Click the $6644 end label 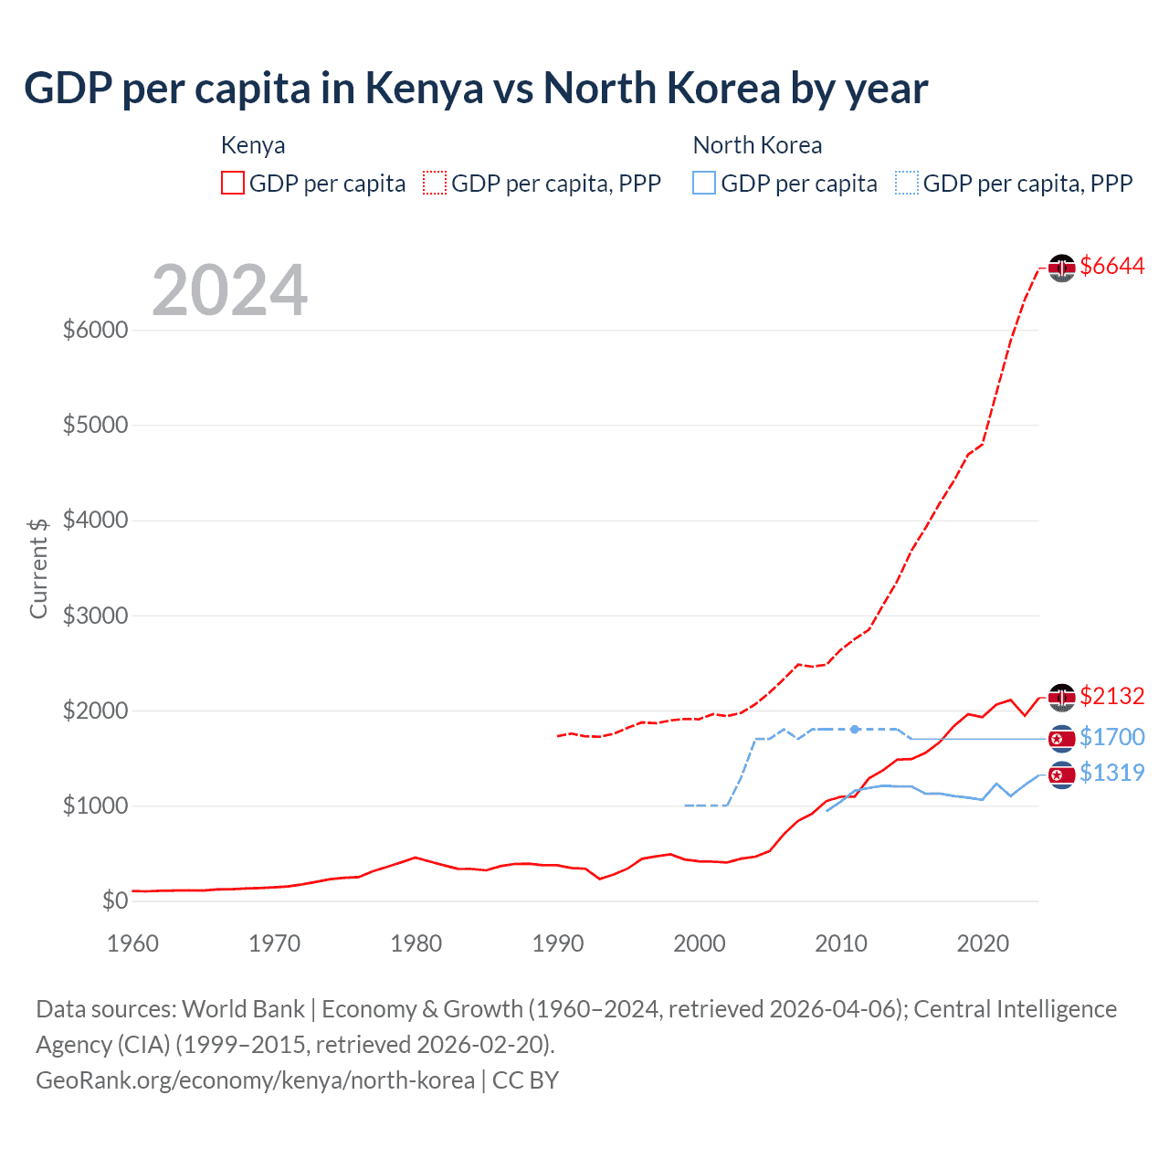1111,266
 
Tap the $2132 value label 1111,696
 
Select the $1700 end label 1111,737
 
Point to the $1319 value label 1111,773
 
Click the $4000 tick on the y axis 95,521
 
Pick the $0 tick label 114,901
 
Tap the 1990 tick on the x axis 558,943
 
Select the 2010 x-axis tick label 841,943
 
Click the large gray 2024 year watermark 229,291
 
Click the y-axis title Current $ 38,568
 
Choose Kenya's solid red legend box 233,184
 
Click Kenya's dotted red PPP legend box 435,184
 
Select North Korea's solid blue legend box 704,184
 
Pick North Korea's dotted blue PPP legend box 907,184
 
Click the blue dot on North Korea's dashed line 854,730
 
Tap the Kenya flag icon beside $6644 1061,268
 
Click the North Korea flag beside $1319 1061,774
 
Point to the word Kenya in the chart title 424,89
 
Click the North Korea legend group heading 757,145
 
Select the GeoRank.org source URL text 255,1080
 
